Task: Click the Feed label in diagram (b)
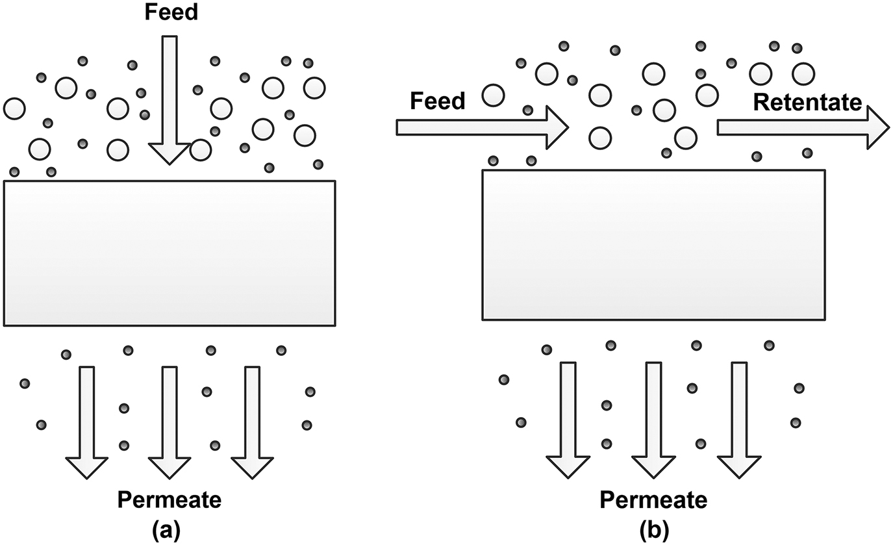point(438,101)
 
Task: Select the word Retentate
point(807,102)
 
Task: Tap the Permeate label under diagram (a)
point(169,500)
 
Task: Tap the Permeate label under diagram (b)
point(653,500)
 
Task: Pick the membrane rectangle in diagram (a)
point(169,253)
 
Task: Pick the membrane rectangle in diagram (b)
point(653,245)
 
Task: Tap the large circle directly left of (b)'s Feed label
point(494,95)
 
